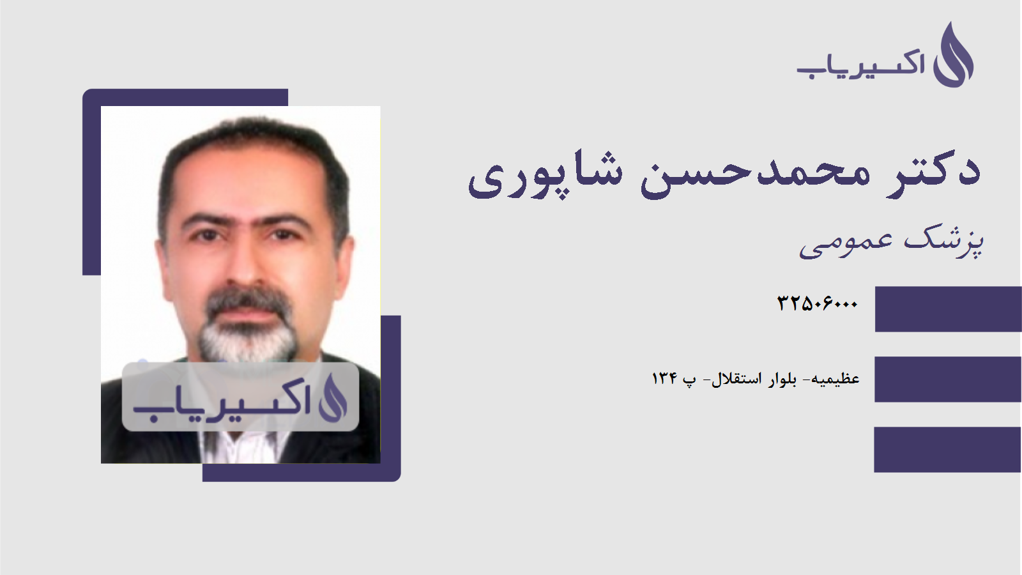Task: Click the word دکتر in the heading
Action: pyautogui.click(x=934, y=171)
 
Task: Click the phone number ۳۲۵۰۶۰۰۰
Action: pyautogui.click(x=817, y=303)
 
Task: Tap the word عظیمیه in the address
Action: pyautogui.click(x=835, y=379)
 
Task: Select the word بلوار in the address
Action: pyautogui.click(x=782, y=379)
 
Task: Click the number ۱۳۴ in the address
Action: pyautogui.click(x=664, y=379)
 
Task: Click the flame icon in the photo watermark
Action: pyautogui.click(x=333, y=397)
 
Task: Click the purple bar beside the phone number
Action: pyautogui.click(x=948, y=309)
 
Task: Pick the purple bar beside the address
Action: pyautogui.click(x=948, y=379)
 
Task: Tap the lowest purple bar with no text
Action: pyautogui.click(x=948, y=449)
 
